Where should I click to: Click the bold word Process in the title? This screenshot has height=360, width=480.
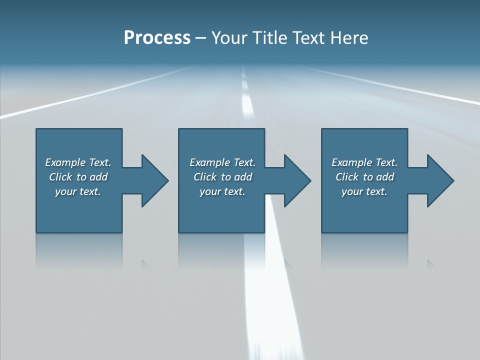pos(157,38)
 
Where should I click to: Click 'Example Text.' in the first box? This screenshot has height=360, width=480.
pos(78,162)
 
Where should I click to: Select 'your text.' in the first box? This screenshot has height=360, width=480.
pos(78,191)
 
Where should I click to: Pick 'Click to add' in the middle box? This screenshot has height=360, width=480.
pos(222,177)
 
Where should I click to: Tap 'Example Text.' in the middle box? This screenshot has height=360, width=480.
pos(222,162)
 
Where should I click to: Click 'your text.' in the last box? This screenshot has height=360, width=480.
pos(364,191)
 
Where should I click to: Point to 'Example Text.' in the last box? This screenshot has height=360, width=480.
pos(364,162)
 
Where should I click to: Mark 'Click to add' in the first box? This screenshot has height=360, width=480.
pos(78,177)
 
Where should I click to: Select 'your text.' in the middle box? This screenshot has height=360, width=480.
pos(222,191)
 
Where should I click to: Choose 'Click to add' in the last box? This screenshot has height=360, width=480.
pos(364,177)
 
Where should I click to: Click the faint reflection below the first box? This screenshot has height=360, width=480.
pos(79,250)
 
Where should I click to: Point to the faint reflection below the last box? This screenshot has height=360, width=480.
pos(364,250)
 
